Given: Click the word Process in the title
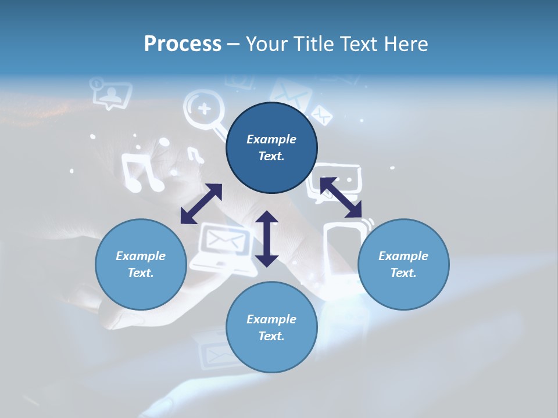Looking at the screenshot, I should click(x=183, y=44).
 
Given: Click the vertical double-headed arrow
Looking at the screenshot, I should click(x=267, y=239).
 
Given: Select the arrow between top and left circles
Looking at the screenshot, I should click(x=201, y=204).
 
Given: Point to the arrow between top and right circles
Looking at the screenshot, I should click(x=341, y=197).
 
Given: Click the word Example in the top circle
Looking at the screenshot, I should click(x=271, y=139).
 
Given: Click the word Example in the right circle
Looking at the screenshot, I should click(x=403, y=256).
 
